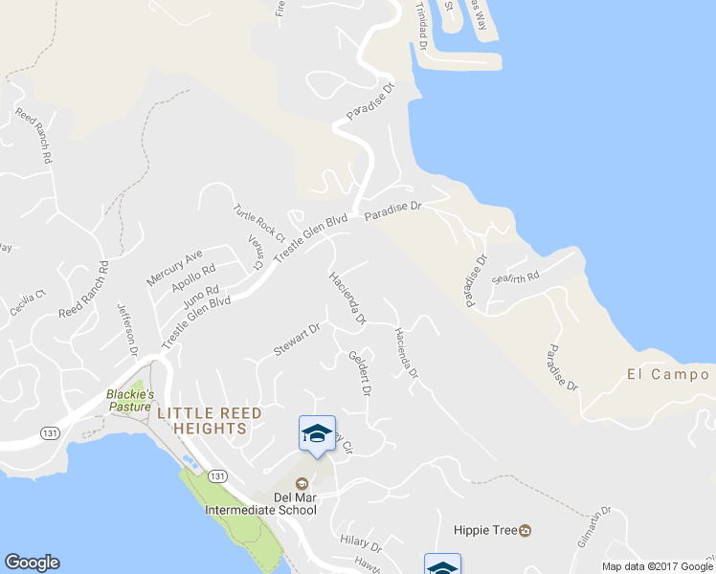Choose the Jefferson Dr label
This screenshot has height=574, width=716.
pyautogui.click(x=127, y=330)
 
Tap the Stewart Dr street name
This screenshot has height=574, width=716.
pyautogui.click(x=295, y=340)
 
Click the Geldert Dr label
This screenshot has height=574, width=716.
pyautogui.click(x=359, y=373)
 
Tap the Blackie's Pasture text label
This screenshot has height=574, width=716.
pyautogui.click(x=129, y=400)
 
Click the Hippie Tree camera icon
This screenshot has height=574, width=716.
pyautogui.click(x=526, y=530)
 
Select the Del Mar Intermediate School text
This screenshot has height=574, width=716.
pyautogui.click(x=260, y=503)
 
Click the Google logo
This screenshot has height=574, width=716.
pyautogui.click(x=32, y=563)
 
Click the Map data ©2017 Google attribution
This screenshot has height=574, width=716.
pyautogui.click(x=658, y=566)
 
